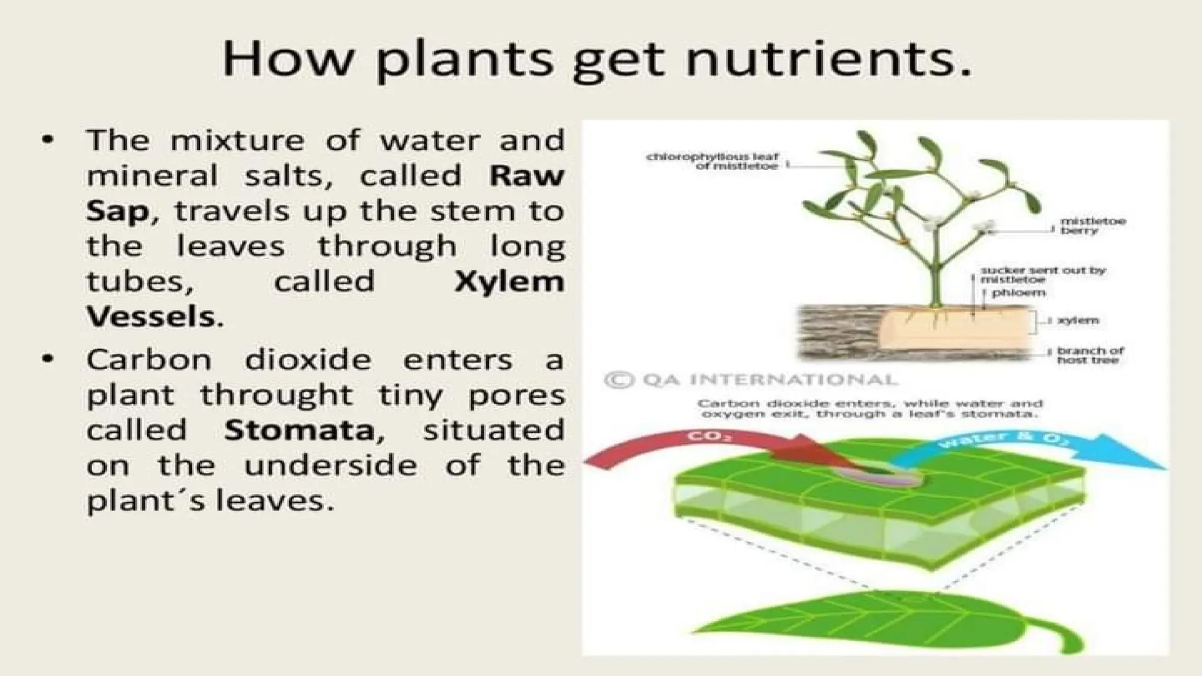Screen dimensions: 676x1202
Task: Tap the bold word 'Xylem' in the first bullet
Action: pos(509,282)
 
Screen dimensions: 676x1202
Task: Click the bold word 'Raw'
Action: pos(526,175)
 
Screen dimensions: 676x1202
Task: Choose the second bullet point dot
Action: pos(48,359)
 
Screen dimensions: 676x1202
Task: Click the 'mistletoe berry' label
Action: pos(1092,226)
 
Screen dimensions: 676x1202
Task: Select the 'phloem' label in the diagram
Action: pos(1018,293)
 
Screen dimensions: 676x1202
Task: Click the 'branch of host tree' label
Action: pos(1090,355)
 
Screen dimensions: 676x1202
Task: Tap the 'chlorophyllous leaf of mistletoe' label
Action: pos(712,161)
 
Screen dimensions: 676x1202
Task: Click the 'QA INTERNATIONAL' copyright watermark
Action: pos(751,380)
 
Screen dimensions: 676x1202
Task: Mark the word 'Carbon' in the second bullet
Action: pos(149,360)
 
